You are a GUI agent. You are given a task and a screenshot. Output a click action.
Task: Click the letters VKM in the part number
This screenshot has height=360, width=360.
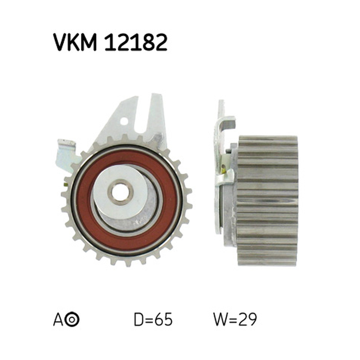(x=75, y=42)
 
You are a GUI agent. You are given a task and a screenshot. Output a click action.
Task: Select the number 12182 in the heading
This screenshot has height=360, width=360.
(x=136, y=42)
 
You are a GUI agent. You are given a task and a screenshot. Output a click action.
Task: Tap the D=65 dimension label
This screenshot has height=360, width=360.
(x=153, y=319)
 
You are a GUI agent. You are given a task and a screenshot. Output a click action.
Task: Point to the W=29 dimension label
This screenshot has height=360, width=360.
(x=234, y=319)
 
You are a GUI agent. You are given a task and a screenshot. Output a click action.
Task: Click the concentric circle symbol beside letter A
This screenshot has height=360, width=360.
(x=72, y=319)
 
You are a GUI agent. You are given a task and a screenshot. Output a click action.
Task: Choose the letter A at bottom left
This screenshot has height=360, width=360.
(x=58, y=319)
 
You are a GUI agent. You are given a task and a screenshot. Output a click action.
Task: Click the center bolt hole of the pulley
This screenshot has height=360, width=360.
(x=121, y=192)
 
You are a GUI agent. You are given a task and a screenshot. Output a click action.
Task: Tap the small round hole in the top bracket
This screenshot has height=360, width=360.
(x=124, y=121)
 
